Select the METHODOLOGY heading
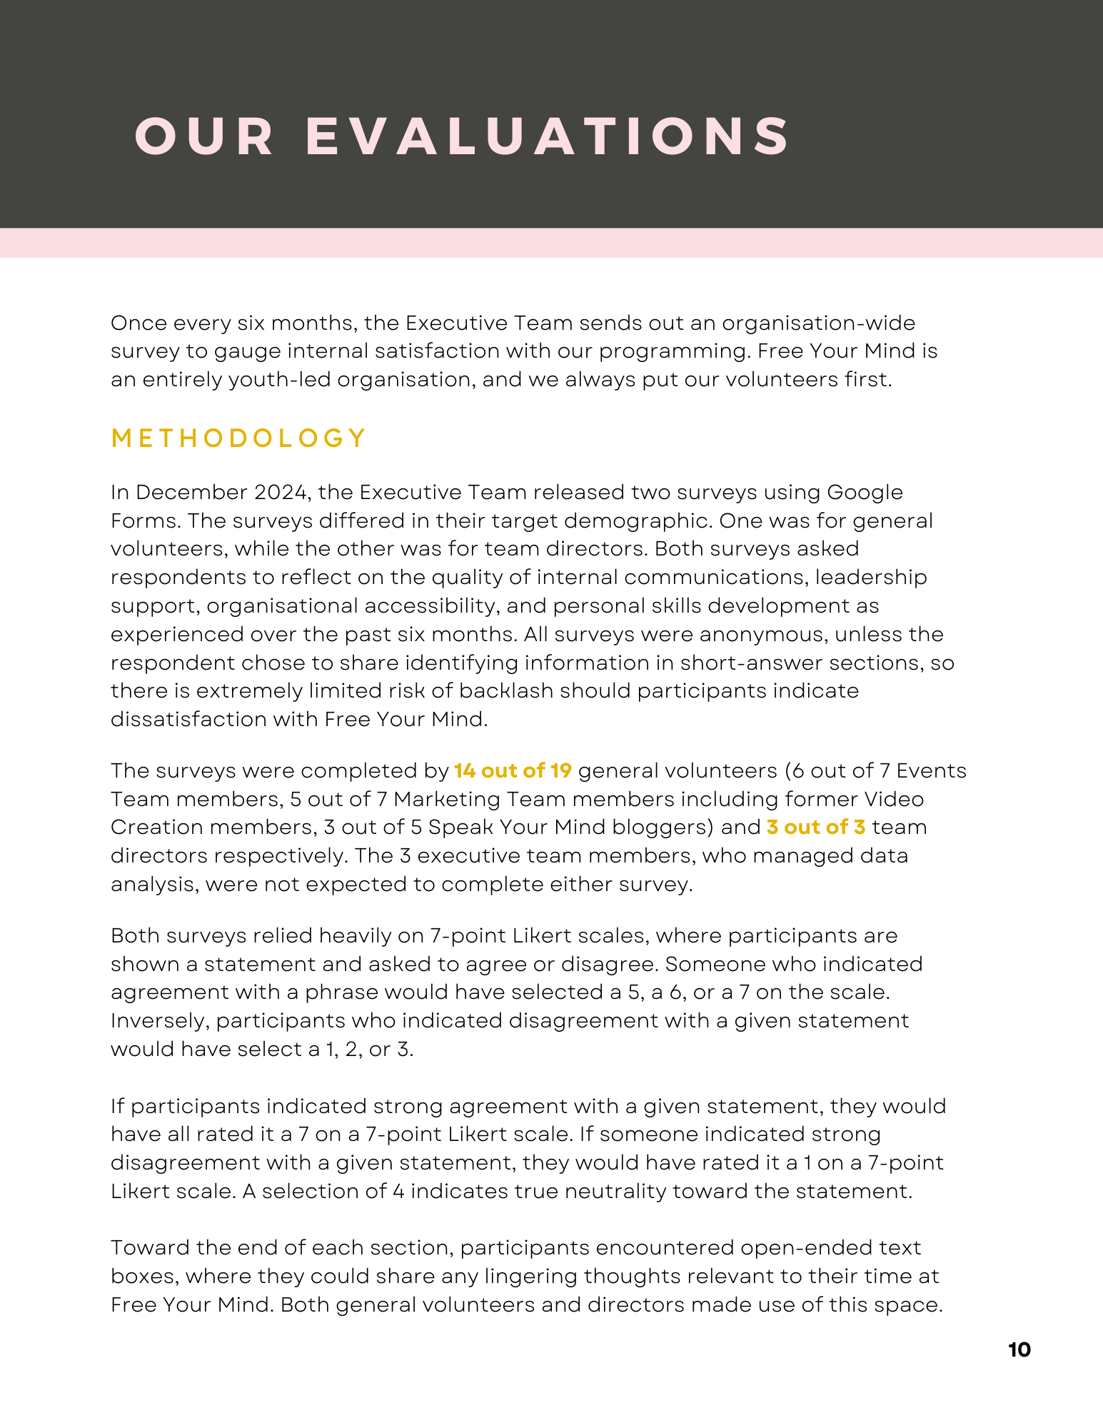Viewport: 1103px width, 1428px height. point(239,438)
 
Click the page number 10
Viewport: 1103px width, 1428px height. point(1019,1350)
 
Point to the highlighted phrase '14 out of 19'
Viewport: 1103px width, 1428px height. point(513,771)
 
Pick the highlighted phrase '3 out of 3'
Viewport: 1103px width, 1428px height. point(816,828)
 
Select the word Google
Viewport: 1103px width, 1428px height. point(865,493)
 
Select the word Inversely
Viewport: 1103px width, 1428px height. point(159,1021)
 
